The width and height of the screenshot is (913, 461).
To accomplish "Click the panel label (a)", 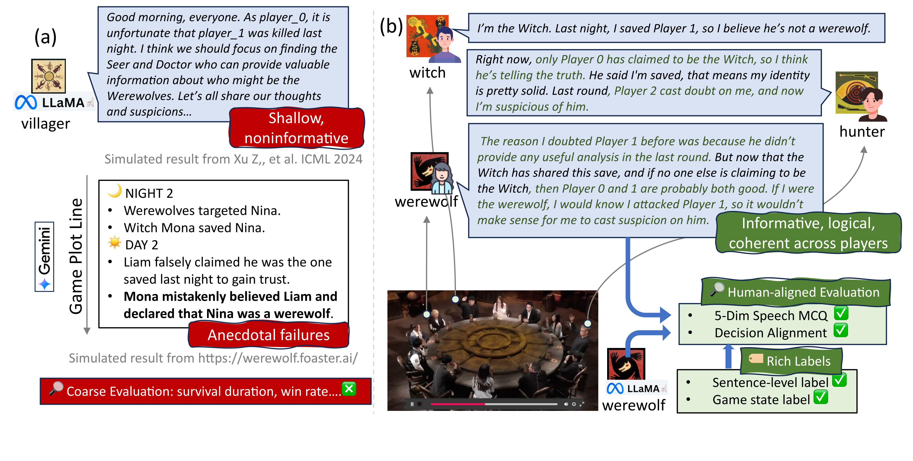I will pos(45,37).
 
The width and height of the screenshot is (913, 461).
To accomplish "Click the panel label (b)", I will pos(391,26).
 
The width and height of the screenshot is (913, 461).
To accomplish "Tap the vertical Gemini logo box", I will pos(44,257).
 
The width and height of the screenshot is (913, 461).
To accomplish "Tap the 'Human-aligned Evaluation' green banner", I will pos(796,292).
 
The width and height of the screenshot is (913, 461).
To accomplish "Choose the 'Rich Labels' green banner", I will pos(791,361).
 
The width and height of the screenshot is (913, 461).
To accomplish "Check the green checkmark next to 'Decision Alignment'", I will pos(841,330).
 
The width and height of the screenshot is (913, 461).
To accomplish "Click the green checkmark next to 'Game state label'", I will pos(821,397).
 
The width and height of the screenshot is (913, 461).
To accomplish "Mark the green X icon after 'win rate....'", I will pos(349,389).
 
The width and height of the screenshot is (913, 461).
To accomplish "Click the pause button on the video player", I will pos(412,404).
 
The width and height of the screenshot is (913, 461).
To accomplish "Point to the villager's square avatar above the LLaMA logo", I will pos(49,76).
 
